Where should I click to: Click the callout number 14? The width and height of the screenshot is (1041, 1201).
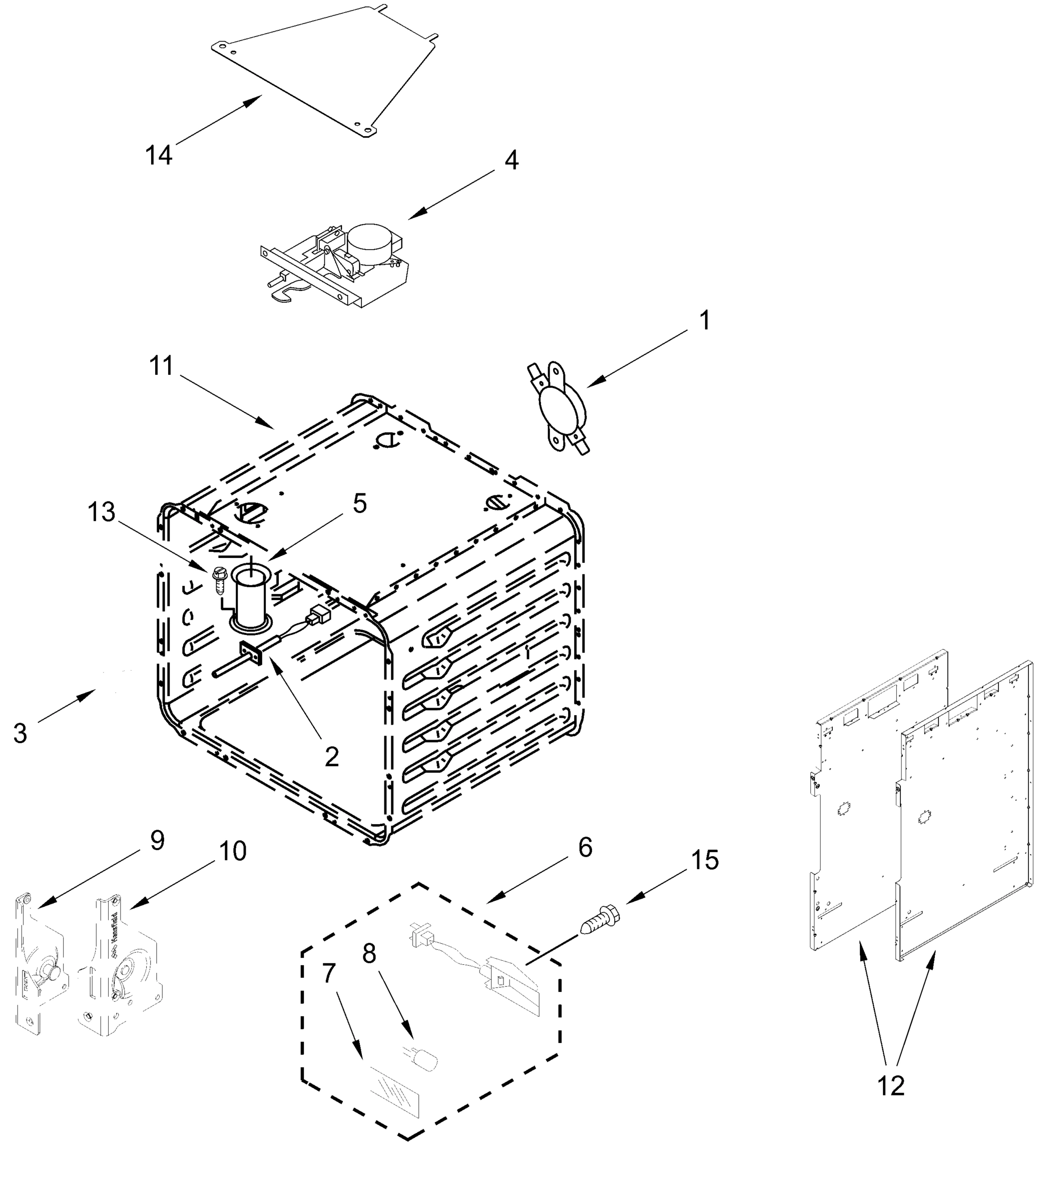click(159, 156)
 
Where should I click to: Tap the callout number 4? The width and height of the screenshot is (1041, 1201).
click(511, 160)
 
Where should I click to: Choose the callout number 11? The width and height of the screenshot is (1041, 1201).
click(162, 366)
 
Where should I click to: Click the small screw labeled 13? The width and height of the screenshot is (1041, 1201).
click(219, 578)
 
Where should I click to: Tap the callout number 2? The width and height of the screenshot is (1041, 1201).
click(332, 757)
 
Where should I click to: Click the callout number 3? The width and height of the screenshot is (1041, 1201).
click(21, 734)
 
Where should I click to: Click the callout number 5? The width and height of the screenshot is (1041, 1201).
click(359, 504)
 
